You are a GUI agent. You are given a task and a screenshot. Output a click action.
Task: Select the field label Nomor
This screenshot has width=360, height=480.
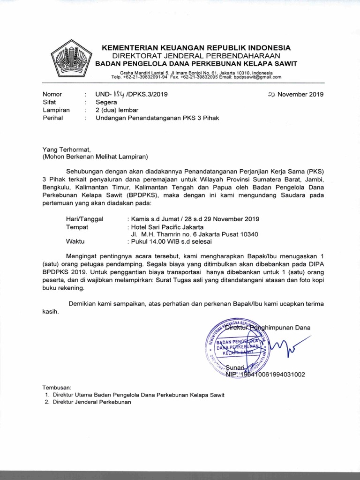[52, 94]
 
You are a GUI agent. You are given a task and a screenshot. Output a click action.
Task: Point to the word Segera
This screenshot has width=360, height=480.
[107, 102]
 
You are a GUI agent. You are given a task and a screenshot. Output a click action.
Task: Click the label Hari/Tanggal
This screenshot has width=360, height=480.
[88, 219]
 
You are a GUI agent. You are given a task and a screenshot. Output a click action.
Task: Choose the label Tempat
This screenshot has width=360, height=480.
[78, 227]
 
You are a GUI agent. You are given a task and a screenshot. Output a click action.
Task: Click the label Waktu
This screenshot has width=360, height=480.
[77, 242]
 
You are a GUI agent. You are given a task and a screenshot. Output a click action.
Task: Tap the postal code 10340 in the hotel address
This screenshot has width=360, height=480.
[249, 234]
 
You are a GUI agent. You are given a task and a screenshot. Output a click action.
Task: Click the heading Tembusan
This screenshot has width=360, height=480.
[57, 388]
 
